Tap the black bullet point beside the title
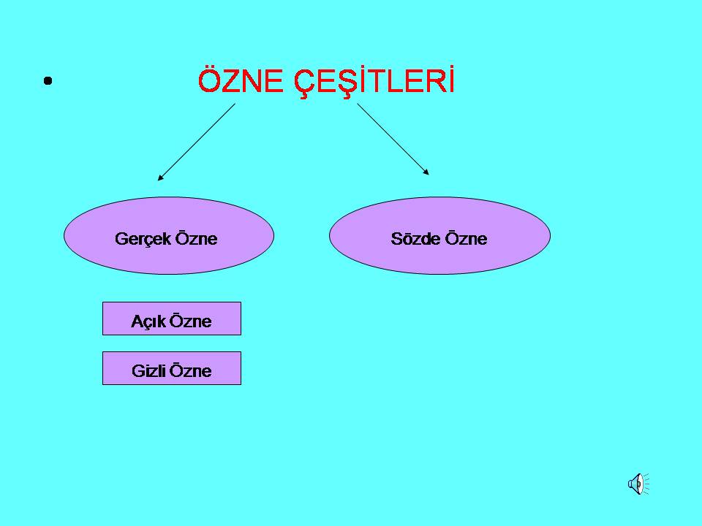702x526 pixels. [x=48, y=81]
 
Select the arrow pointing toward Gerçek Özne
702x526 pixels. [x=196, y=142]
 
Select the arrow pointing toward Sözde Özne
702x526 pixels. [x=393, y=139]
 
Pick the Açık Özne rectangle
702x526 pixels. [x=172, y=319]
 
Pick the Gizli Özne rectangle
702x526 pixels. [x=172, y=368]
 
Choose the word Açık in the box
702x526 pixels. [x=148, y=321]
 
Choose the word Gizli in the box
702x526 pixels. [x=149, y=371]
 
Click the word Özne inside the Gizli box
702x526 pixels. [x=191, y=371]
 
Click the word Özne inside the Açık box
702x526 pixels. [x=191, y=321]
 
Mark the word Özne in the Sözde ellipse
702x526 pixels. [x=466, y=239]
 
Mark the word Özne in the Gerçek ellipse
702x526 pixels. [x=195, y=239]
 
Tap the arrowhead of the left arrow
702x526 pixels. [x=160, y=178]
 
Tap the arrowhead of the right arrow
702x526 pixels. [x=426, y=172]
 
